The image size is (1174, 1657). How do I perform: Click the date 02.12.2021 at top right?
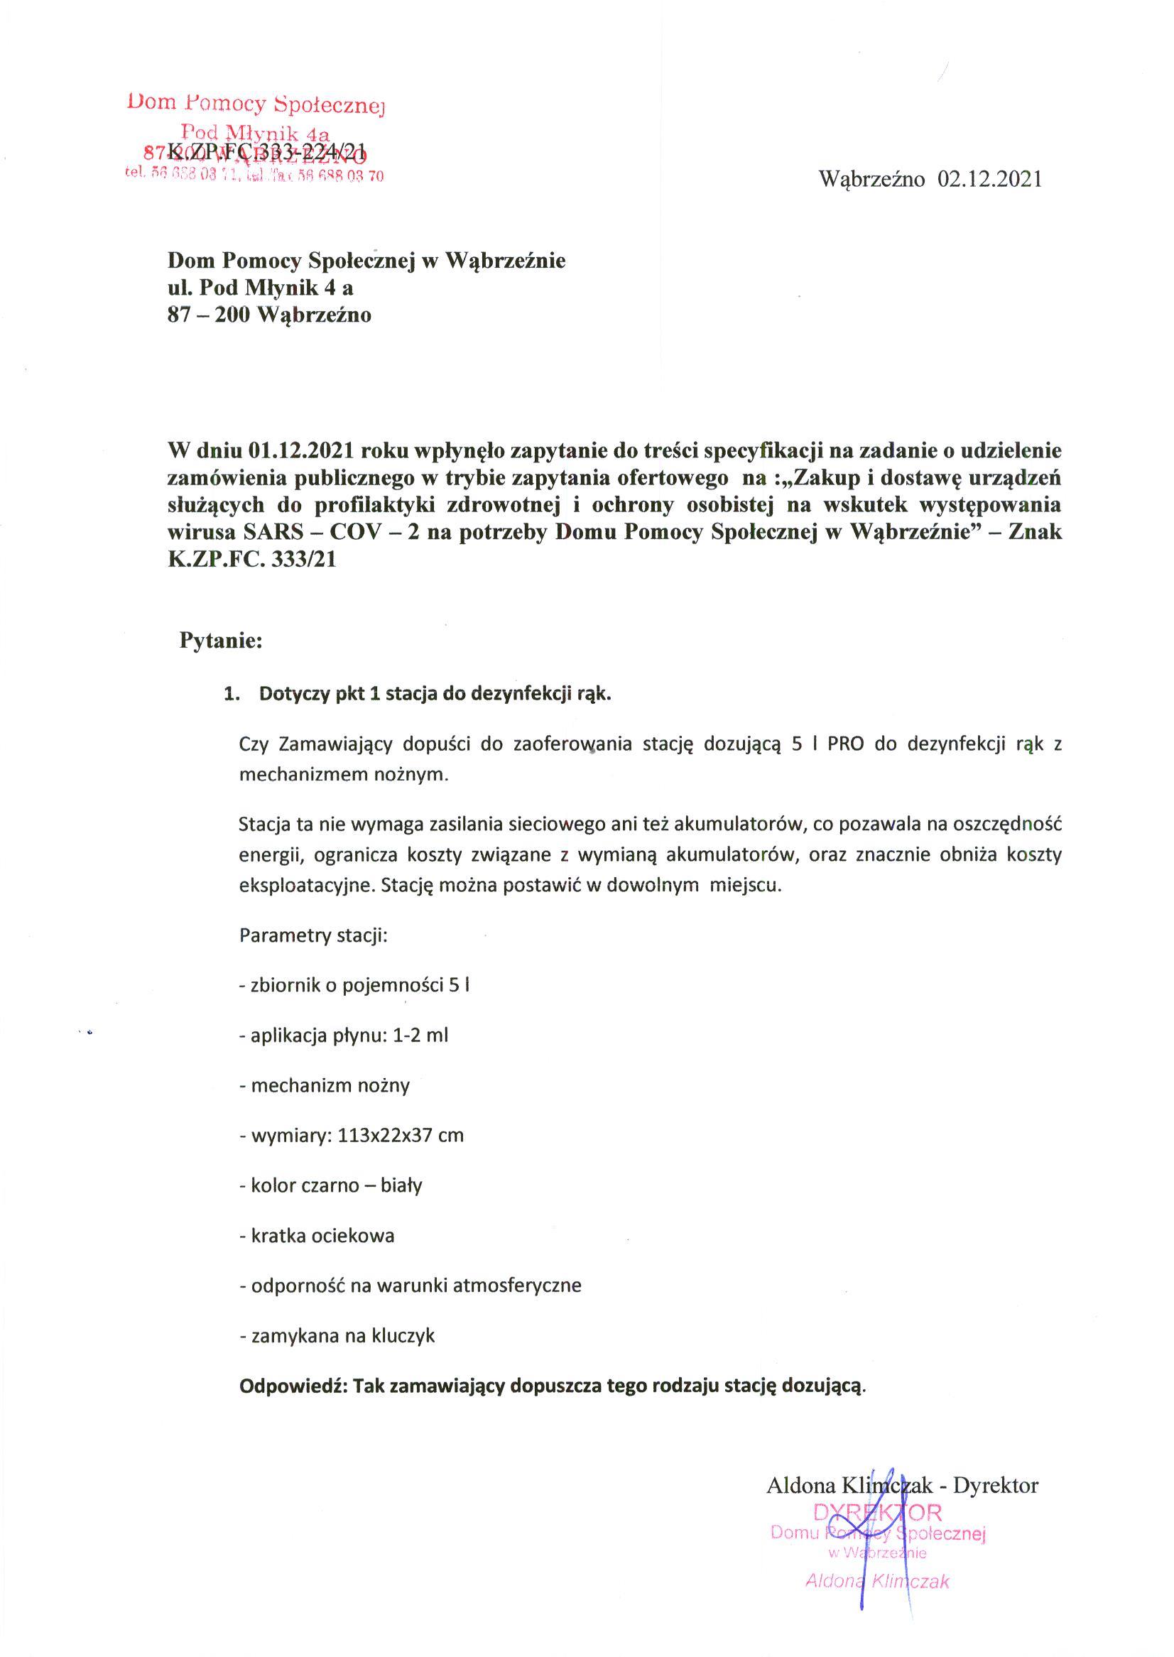989,178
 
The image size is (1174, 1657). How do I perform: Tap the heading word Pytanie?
220,641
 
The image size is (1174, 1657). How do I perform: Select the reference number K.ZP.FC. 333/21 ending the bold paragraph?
252,560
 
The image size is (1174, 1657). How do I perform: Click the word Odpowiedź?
294,1386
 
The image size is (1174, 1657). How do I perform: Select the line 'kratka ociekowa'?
317,1236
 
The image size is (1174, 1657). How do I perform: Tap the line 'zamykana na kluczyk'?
337,1335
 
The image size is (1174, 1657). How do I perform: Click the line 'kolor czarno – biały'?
330,1185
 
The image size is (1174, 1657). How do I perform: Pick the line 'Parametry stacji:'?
313,935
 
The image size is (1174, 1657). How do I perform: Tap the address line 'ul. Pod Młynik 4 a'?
260,288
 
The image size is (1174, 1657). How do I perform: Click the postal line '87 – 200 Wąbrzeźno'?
269,315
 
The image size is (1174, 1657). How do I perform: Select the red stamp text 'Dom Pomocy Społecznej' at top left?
256,104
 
